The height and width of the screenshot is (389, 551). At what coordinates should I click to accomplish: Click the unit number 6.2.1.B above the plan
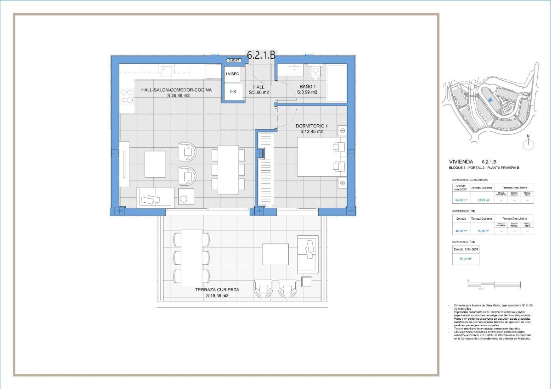click(261, 55)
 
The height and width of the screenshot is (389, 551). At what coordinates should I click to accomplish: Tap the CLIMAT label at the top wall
click(234, 61)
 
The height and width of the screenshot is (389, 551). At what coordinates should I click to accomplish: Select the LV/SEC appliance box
click(232, 74)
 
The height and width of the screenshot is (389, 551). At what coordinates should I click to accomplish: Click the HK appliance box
click(233, 92)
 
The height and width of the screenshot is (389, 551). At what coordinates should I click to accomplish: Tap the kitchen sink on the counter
click(166, 71)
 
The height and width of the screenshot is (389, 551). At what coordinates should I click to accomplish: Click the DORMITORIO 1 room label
click(312, 126)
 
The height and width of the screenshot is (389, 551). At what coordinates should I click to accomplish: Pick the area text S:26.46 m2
click(178, 96)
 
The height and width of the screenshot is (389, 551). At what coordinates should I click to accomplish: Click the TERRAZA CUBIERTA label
click(217, 290)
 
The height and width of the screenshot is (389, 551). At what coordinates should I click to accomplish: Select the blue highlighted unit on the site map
click(490, 99)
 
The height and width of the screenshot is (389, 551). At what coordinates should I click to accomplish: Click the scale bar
click(494, 285)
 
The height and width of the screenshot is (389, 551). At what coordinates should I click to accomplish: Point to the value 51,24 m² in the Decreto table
click(466, 259)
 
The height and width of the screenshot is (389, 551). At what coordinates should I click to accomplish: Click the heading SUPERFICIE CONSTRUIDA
click(470, 180)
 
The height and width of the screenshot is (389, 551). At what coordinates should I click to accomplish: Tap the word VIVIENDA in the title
click(461, 162)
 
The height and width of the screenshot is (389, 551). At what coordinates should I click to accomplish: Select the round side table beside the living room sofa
click(185, 198)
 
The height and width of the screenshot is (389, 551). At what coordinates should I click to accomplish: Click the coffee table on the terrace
click(275, 254)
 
